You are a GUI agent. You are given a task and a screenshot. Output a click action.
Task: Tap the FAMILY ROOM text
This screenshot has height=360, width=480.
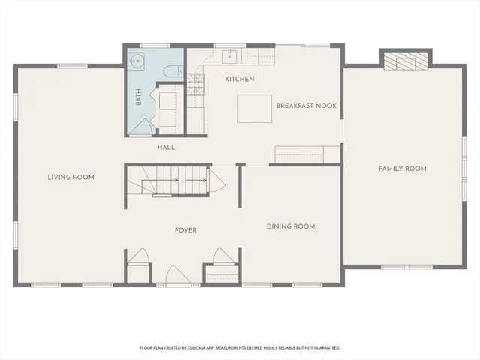pyautogui.click(x=402, y=169)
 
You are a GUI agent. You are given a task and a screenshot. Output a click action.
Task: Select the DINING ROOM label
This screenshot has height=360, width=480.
pyautogui.click(x=291, y=226)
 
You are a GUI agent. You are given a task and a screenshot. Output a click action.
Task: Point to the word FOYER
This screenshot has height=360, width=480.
pyautogui.click(x=185, y=230)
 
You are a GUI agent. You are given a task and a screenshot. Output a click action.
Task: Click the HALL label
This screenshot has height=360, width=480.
pyautogui.click(x=166, y=147)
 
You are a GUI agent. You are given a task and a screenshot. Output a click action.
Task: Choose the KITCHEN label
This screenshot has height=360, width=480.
pyautogui.click(x=240, y=79)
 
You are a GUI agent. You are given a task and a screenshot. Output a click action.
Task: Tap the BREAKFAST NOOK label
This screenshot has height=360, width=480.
pyautogui.click(x=306, y=106)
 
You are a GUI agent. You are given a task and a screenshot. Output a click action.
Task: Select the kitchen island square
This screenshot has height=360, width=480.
pyautogui.click(x=254, y=108)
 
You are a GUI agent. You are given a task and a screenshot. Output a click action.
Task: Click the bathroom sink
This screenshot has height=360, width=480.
pyautogui.click(x=137, y=62)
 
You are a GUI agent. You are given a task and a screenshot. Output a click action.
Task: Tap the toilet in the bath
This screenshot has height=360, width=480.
pyautogui.click(x=171, y=72)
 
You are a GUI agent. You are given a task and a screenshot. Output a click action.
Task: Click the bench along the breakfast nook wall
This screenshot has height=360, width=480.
pyautogui.click(x=300, y=154)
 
